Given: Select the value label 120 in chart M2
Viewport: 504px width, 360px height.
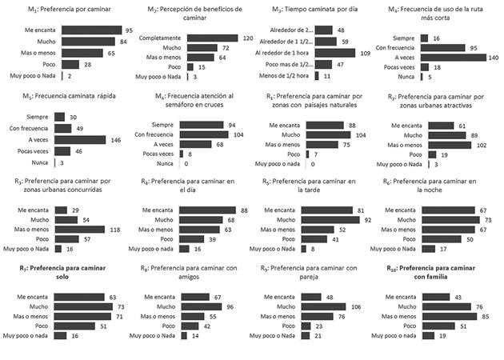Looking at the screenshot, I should coord(250,37).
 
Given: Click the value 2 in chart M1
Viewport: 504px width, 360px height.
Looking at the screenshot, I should coord(70,74).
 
